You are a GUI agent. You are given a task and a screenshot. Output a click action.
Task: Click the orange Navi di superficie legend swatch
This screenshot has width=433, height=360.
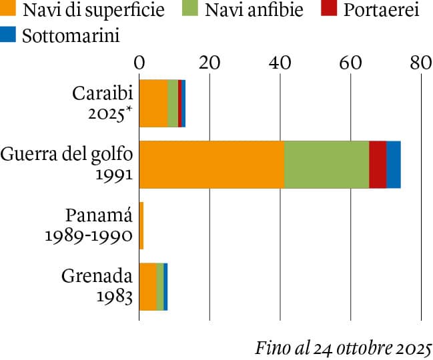point(9,11)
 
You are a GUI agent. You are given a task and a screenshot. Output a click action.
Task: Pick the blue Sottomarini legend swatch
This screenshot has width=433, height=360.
point(9,35)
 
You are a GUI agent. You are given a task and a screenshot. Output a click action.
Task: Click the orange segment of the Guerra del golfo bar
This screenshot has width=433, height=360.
point(211,165)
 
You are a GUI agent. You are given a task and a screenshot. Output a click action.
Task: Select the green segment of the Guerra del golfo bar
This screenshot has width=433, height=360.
point(326,165)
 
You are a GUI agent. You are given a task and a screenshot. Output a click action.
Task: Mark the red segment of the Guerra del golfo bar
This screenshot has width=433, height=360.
point(378,165)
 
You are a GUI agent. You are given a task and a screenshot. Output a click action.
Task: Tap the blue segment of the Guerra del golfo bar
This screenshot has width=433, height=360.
point(394,165)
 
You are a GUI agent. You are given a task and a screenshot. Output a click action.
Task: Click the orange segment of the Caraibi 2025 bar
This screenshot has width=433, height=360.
point(153,103)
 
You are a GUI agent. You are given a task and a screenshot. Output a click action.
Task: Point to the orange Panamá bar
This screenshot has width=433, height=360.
point(141,226)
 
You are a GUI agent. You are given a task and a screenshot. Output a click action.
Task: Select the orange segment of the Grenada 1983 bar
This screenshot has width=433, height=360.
point(147,287)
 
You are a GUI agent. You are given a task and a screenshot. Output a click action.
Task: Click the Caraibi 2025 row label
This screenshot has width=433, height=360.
point(102,103)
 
